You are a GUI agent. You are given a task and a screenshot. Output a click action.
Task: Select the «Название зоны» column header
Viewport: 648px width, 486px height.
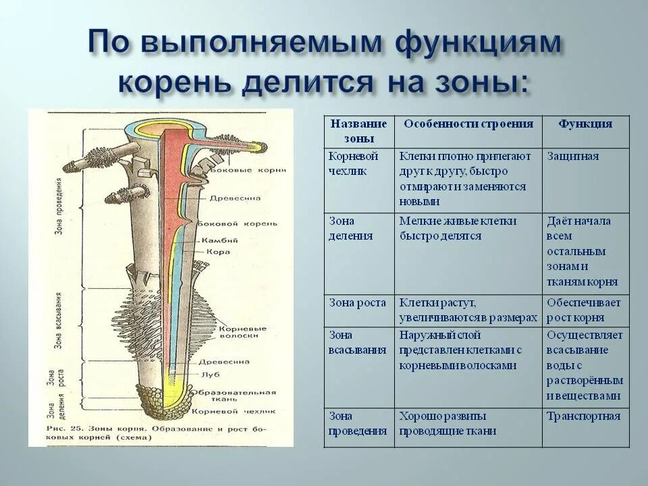pyautogui.click(x=358, y=131)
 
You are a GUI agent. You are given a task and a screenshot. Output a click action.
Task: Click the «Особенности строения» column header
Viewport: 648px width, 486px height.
pyautogui.click(x=468, y=124)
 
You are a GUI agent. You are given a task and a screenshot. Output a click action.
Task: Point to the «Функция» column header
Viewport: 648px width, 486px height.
pyautogui.click(x=585, y=124)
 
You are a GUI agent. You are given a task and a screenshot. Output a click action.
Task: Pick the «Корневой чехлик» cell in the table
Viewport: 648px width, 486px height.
pyautogui.click(x=354, y=163)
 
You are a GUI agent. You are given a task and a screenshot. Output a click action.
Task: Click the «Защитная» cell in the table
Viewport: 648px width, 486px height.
pyautogui.click(x=573, y=157)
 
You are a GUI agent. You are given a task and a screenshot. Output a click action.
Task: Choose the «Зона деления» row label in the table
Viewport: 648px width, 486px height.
pyautogui.click(x=350, y=228)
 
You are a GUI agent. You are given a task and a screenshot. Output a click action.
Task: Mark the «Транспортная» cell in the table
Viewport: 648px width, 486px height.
pyautogui.click(x=583, y=416)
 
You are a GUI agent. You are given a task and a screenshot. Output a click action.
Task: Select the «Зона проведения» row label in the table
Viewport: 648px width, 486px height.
pyautogui.click(x=358, y=423)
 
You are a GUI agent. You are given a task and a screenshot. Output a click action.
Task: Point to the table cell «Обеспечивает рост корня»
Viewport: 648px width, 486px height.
pyautogui.click(x=583, y=310)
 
